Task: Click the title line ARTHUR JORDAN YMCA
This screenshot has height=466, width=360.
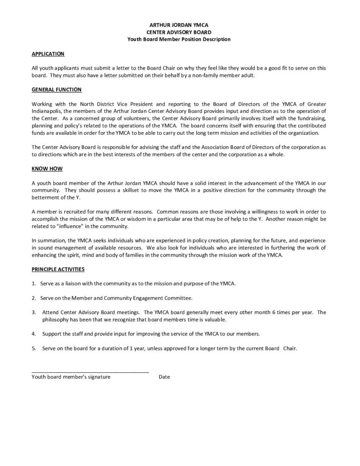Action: click(179, 25)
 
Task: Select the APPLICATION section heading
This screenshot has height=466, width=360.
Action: click(48, 54)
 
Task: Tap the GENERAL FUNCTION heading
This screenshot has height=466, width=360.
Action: click(56, 90)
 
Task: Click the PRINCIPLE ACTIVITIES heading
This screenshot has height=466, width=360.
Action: click(58, 269)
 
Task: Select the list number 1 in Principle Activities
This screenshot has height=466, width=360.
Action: click(34, 284)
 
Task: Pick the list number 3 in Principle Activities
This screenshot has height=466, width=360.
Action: click(34, 312)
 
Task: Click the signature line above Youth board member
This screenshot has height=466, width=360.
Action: click(90, 372)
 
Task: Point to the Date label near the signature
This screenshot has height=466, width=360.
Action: click(164, 377)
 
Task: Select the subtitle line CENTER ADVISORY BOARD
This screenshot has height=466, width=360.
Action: click(179, 32)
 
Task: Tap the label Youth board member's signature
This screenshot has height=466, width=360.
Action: click(71, 377)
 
